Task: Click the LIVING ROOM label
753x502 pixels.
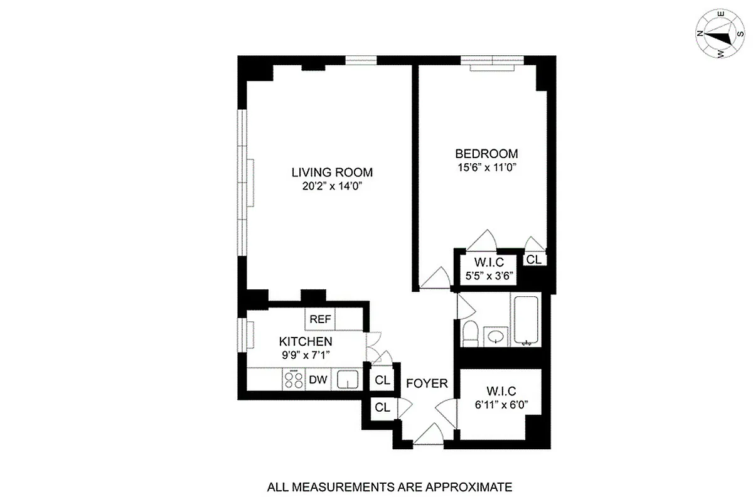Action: (332, 172)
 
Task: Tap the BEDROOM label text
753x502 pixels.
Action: (486, 154)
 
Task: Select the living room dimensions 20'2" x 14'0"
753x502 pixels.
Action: (332, 186)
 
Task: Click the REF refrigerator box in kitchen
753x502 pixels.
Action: (320, 319)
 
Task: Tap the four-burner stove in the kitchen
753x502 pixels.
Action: (292, 380)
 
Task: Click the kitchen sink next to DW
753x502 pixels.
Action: (347, 380)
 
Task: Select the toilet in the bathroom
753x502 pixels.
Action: (470, 333)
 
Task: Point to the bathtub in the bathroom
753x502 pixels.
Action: (526, 321)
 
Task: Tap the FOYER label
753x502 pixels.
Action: (427, 383)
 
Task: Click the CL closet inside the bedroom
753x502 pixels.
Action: (533, 259)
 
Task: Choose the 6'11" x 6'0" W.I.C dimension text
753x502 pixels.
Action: (499, 405)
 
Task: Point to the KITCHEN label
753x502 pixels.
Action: (305, 341)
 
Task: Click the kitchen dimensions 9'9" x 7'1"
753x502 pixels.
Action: (305, 355)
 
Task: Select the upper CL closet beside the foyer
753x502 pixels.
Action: (382, 380)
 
